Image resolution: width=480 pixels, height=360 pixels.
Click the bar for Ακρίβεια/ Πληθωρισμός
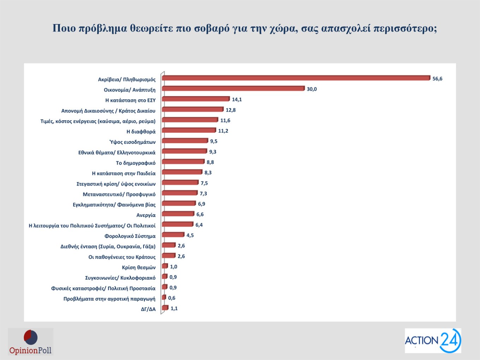(x=296, y=78)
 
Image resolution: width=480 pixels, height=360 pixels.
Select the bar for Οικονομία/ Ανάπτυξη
(x=233, y=89)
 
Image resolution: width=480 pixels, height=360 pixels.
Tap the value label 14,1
(x=237, y=100)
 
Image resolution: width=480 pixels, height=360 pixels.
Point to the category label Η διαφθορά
(x=141, y=132)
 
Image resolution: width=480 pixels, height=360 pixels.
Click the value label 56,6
(x=437, y=79)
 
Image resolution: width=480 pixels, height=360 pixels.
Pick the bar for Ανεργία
(x=178, y=214)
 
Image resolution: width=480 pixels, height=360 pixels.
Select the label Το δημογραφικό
(x=136, y=163)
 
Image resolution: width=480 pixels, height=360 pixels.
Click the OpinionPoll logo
(x=30, y=342)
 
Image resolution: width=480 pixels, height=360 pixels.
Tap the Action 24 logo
(x=433, y=341)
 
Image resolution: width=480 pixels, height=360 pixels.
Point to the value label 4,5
(x=190, y=235)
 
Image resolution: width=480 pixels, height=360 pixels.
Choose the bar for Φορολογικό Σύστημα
(x=173, y=235)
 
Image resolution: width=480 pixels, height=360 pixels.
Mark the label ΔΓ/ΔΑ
(x=148, y=309)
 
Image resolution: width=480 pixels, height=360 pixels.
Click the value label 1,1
(x=174, y=308)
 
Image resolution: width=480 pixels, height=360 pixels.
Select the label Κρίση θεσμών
(x=139, y=268)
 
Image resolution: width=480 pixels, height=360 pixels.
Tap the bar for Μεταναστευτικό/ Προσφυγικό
(x=180, y=193)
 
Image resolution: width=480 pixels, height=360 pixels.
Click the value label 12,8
(x=230, y=110)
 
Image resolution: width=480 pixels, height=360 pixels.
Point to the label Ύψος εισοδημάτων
(x=132, y=142)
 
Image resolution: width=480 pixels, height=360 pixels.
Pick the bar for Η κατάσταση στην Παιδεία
(x=182, y=172)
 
